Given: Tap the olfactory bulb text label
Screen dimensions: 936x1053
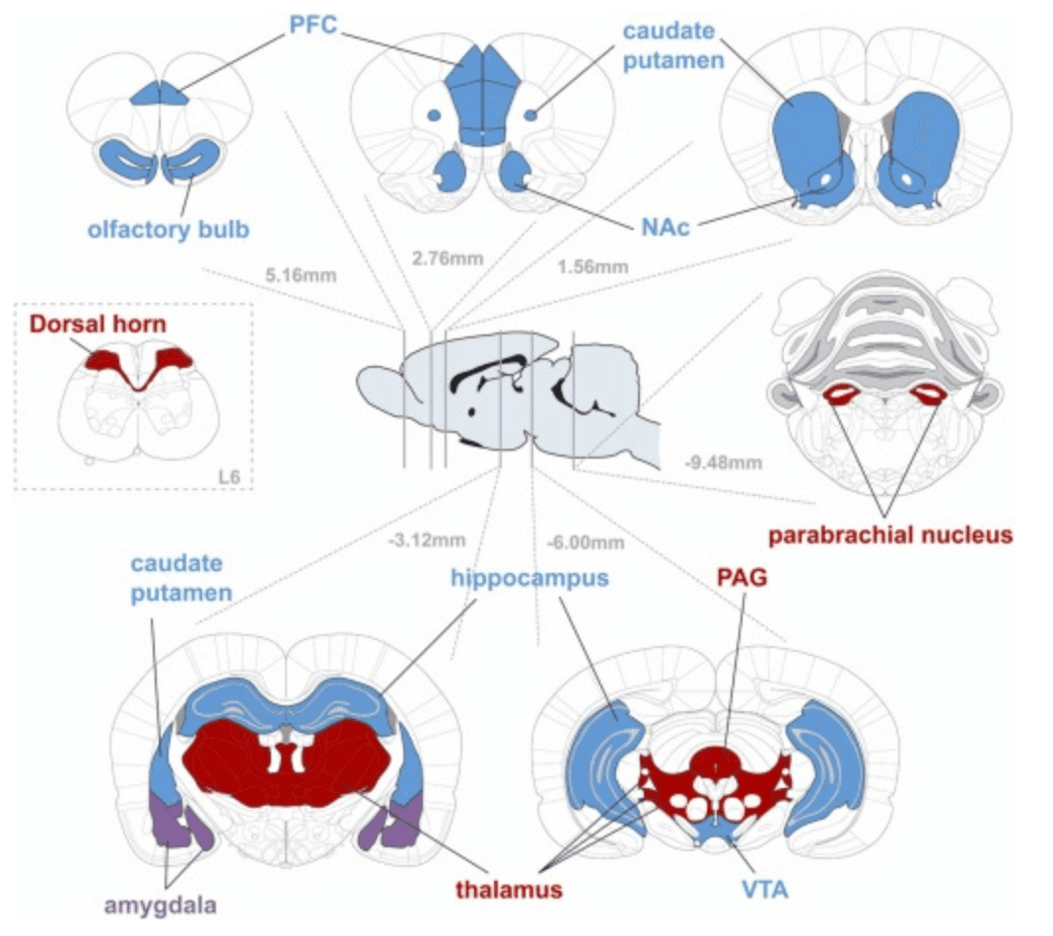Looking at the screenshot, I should [167, 229].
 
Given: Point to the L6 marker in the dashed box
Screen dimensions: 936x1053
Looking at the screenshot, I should [229, 478].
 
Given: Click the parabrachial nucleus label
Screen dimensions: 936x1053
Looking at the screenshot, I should [890, 536].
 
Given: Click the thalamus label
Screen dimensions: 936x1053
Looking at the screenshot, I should [509, 889].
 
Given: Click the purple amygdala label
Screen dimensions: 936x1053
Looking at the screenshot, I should [159, 904].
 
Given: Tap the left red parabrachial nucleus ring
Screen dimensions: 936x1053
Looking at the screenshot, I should [844, 396].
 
